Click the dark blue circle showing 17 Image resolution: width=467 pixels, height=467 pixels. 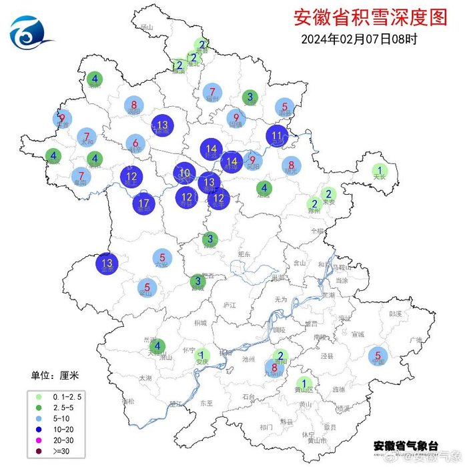[x=144, y=203]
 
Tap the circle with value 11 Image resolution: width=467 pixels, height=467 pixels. [x=277, y=135]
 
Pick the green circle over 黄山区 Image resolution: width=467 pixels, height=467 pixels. [x=305, y=383]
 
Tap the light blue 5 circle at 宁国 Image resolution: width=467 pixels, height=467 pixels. [x=378, y=356]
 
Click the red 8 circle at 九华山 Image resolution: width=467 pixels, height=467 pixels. [x=274, y=366]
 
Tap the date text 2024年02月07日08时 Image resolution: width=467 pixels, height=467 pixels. [x=359, y=39]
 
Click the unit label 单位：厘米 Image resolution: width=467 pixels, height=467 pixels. [x=59, y=376]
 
